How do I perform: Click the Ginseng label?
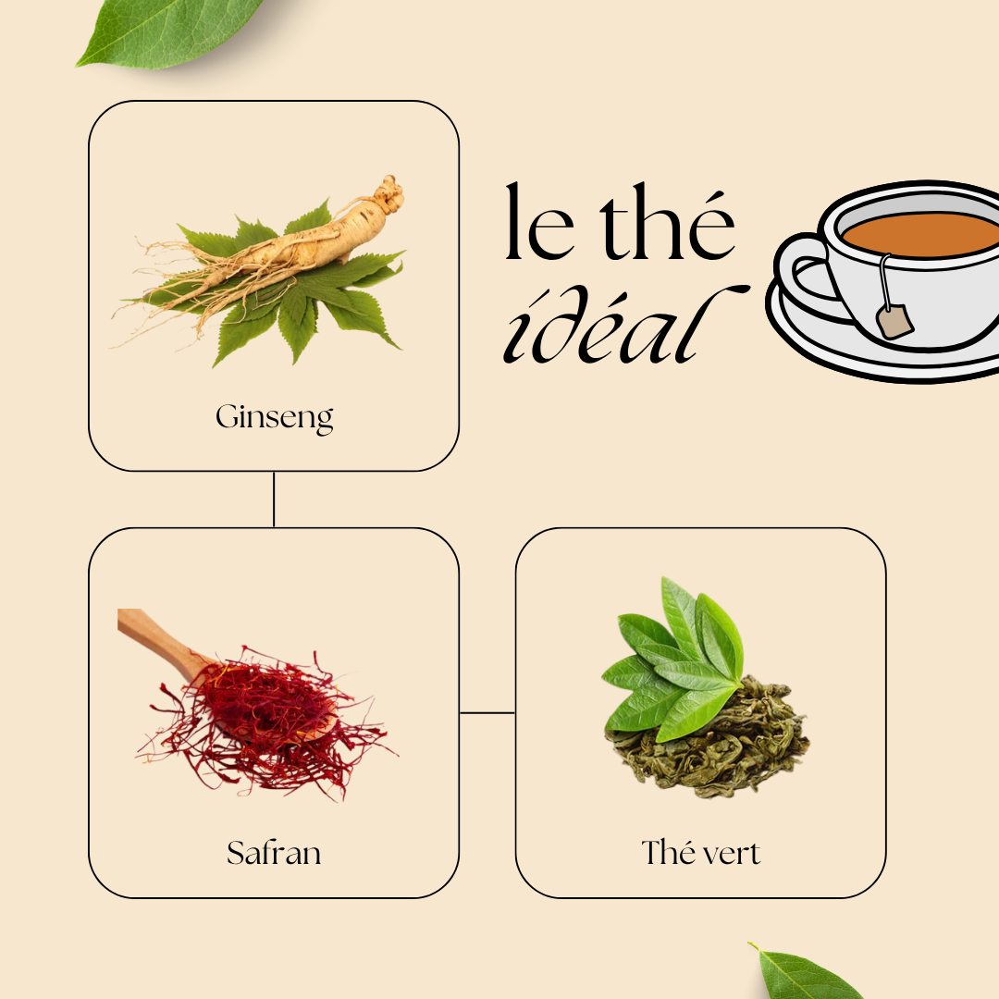(274, 418)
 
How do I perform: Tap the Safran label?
(274, 853)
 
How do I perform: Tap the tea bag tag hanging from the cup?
(894, 321)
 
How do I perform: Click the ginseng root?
(300, 245)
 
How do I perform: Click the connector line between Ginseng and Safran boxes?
(274, 499)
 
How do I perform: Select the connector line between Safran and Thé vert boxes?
(487, 713)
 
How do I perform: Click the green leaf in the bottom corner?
(806, 973)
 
